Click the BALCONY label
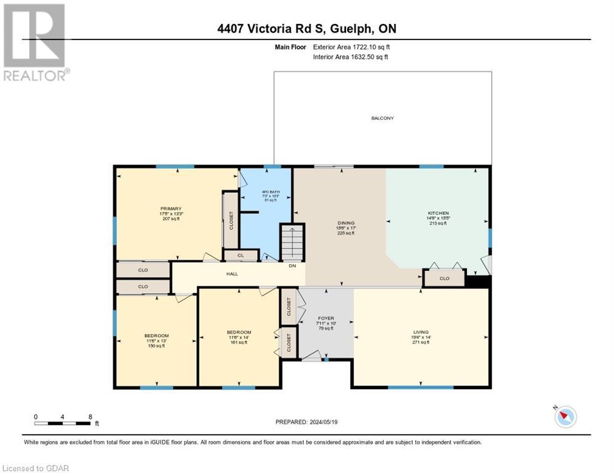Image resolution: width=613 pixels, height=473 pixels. [x=382, y=118]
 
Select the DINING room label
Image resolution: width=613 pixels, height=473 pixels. [x=346, y=223]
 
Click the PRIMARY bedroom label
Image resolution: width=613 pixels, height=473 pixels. [x=171, y=209]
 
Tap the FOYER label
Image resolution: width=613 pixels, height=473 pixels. [x=325, y=318]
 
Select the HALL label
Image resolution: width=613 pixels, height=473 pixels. [x=232, y=274]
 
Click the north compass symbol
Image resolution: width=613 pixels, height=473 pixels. [x=565, y=416]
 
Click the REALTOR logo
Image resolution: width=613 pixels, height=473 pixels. [x=35, y=42]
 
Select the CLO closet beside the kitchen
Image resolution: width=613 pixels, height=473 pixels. [x=444, y=278]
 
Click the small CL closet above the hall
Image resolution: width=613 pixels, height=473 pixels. [x=241, y=255]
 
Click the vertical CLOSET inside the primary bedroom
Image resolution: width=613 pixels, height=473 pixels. [x=231, y=220]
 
